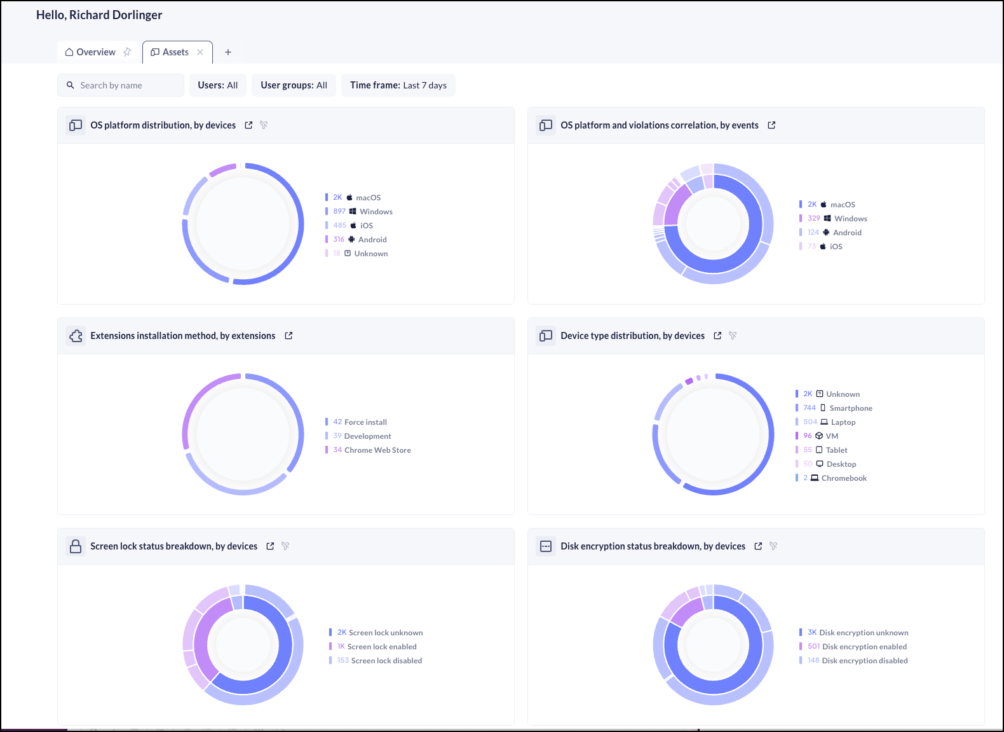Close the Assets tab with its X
[200, 52]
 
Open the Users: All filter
[217, 85]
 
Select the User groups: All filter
[294, 85]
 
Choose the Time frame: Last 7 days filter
[398, 85]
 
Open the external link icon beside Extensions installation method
[288, 336]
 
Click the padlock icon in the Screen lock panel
[76, 546]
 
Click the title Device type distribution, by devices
[632, 336]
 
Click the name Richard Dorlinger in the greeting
[116, 15]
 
